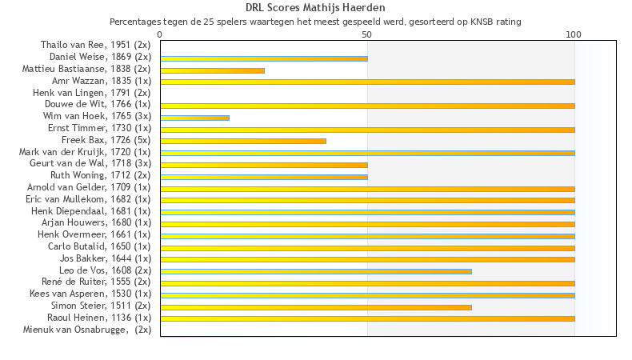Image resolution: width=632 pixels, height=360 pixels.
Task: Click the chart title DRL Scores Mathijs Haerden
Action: (315, 8)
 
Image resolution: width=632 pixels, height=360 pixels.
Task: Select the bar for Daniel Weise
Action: (264, 58)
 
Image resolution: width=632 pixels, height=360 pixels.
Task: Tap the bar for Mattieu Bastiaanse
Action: (212, 70)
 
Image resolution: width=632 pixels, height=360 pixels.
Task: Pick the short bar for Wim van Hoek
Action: (194, 118)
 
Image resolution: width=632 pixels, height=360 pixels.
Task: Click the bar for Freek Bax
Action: (243, 141)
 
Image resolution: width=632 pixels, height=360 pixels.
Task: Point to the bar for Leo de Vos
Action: (316, 271)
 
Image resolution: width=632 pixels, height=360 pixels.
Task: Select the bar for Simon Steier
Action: (316, 307)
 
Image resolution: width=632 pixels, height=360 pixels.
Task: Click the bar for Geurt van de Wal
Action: (264, 165)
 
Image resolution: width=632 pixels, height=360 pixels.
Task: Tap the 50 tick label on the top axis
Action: (367, 34)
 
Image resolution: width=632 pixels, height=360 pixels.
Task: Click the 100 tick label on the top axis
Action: (574, 34)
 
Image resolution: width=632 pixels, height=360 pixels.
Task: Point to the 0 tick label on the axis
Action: (160, 34)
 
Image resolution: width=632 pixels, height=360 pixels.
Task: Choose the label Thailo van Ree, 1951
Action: (96, 45)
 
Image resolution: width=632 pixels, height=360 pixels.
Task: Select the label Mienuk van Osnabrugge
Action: (87, 330)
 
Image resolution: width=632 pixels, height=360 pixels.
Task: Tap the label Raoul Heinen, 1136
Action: (99, 318)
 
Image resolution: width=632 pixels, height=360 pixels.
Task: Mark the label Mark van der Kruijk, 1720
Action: (85, 152)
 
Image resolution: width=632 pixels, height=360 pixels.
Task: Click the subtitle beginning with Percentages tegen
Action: (315, 22)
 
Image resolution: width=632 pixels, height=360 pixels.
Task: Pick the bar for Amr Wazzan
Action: (367, 82)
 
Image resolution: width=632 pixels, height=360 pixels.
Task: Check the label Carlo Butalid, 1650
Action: (99, 246)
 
